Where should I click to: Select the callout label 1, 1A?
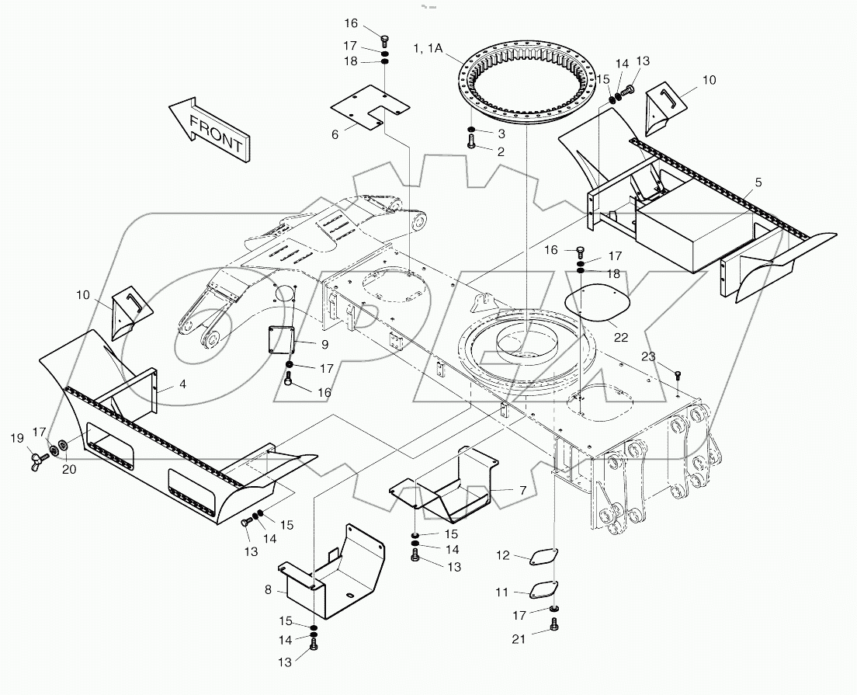(x=428, y=48)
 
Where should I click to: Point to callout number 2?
(x=501, y=151)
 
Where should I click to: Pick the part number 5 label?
(x=758, y=182)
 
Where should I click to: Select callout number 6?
(x=335, y=134)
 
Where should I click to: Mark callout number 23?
(x=649, y=356)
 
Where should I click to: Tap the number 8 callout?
(x=269, y=589)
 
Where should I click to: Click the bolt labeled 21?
(x=553, y=624)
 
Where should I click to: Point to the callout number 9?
(x=303, y=343)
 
